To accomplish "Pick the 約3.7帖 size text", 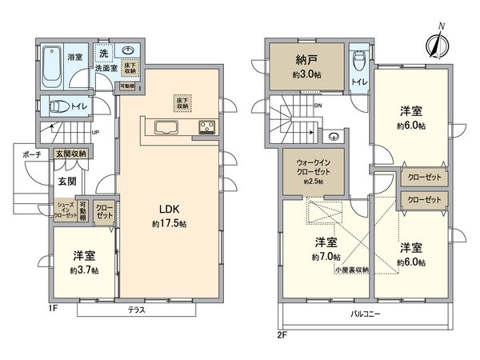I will pyautogui.click(x=83, y=270).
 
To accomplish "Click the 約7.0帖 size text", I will pyautogui.click(x=324, y=257).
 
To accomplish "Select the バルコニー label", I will pyautogui.click(x=365, y=314).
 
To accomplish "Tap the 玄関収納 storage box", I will pyautogui.click(x=70, y=154).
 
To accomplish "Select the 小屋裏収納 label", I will pyautogui.click(x=351, y=270).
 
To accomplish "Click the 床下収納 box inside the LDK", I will pyautogui.click(x=182, y=102).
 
